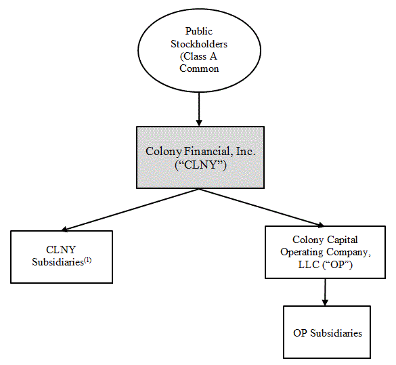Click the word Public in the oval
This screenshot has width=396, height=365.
[x=199, y=31]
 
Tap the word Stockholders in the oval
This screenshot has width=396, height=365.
[x=199, y=44]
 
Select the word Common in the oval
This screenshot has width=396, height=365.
[x=199, y=68]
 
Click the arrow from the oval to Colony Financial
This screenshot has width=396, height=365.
[x=199, y=109]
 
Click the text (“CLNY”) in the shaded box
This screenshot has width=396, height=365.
[x=200, y=165]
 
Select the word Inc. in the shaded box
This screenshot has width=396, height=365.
[x=245, y=151]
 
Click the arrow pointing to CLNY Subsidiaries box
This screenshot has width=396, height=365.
[x=131, y=210]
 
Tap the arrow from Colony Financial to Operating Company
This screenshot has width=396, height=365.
[x=261, y=208]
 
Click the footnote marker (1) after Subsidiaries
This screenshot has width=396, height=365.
[x=87, y=260]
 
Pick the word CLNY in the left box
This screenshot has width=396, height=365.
[x=61, y=250]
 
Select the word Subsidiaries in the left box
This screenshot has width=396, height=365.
[x=58, y=262]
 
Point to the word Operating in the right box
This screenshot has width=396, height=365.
[x=302, y=252]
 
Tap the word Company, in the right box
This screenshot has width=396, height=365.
[x=349, y=252]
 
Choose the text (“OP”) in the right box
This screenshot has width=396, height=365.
[x=337, y=265]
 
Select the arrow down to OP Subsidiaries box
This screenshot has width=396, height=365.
[x=325, y=292]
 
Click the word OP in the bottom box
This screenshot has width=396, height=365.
[x=300, y=333]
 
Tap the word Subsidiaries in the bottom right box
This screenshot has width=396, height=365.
[x=336, y=333]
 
